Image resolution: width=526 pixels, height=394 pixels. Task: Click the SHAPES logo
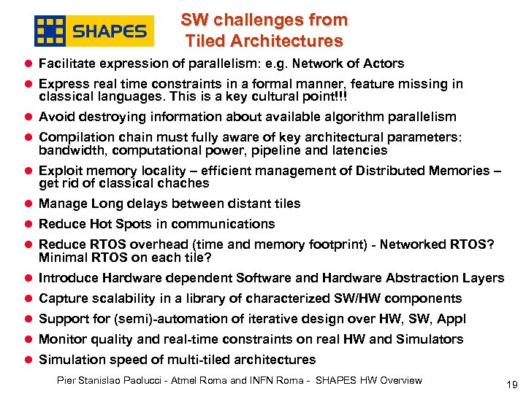(x=94, y=31)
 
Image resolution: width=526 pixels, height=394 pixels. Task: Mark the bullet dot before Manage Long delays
(x=28, y=204)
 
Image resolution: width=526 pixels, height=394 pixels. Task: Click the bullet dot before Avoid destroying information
(x=28, y=117)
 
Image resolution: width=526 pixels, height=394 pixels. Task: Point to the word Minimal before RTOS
(x=62, y=258)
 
